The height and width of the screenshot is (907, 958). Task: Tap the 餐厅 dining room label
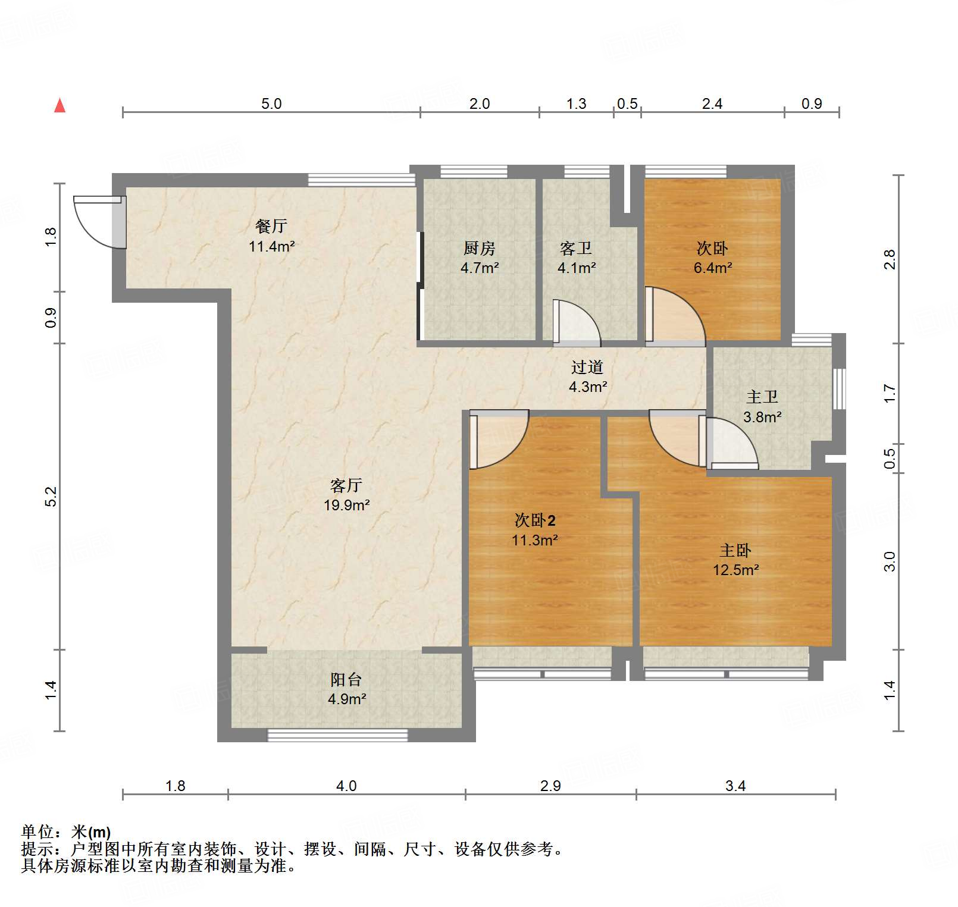pos(271,226)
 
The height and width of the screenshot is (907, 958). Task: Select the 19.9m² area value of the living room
pos(347,505)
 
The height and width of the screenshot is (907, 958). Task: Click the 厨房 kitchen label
pos(480,248)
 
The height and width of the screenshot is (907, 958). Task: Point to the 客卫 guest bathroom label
pos(576,248)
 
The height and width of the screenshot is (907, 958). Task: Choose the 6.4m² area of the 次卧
pos(713,268)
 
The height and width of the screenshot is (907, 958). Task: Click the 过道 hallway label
pos(587,367)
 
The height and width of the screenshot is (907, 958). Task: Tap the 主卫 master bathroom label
pos(762,397)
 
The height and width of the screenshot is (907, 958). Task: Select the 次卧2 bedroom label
pos(535,520)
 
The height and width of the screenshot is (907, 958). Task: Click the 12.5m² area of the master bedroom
pos(736,570)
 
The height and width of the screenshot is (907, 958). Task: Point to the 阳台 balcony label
pos(346,679)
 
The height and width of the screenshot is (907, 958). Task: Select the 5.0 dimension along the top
pos(271,104)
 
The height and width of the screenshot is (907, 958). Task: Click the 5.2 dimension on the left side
pos(51,497)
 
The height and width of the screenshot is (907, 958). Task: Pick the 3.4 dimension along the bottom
pos(735,786)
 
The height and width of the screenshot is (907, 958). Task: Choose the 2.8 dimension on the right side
pos(889,259)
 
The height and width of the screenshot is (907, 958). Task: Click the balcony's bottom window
pos(337,735)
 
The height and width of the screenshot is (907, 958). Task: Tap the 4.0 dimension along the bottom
pos(346,786)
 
